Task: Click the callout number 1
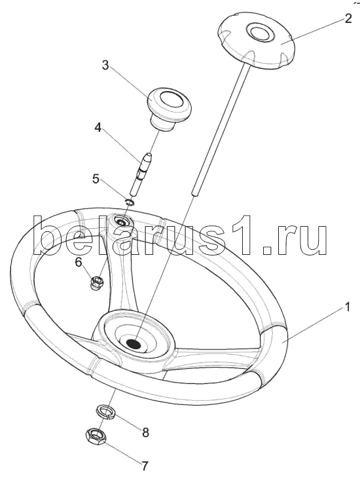(x=346, y=307)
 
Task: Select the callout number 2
(x=348, y=18)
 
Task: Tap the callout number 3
(x=105, y=65)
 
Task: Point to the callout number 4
(x=98, y=128)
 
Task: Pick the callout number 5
(x=96, y=179)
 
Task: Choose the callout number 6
(x=79, y=261)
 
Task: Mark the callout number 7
(x=144, y=465)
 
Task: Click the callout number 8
(x=145, y=432)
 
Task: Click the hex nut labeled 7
(x=96, y=438)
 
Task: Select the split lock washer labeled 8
(x=105, y=413)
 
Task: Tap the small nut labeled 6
(x=98, y=282)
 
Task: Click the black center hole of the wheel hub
(x=133, y=344)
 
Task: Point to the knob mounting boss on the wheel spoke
(x=123, y=223)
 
